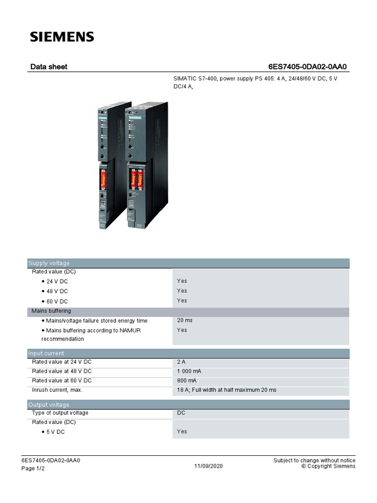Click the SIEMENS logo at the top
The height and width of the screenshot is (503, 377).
coord(62,36)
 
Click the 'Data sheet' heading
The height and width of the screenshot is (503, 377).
coord(49,66)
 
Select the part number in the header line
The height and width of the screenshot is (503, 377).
coord(310,66)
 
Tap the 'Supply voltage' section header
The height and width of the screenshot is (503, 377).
coord(49,263)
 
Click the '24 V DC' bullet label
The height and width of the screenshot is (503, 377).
coord(57,281)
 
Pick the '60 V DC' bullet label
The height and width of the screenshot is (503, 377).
coord(57,301)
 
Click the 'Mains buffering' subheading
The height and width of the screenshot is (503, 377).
coord(51,311)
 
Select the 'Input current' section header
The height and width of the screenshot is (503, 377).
coord(46,353)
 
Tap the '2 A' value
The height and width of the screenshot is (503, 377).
coord(181,362)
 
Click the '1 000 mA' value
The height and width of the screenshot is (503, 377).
coord(189,371)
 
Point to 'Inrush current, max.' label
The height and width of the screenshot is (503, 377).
coord(57,390)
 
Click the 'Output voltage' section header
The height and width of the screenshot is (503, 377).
coord(49,404)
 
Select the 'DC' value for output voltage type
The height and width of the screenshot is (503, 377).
coord(181,413)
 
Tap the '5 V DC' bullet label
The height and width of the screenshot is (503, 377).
coord(55,432)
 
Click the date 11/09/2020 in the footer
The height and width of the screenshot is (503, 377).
coord(208,466)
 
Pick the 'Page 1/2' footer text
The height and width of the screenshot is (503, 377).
coord(33,469)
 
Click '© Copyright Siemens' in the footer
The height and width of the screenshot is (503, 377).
coord(328,466)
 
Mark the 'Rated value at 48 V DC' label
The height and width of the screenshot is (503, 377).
coord(61,371)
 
